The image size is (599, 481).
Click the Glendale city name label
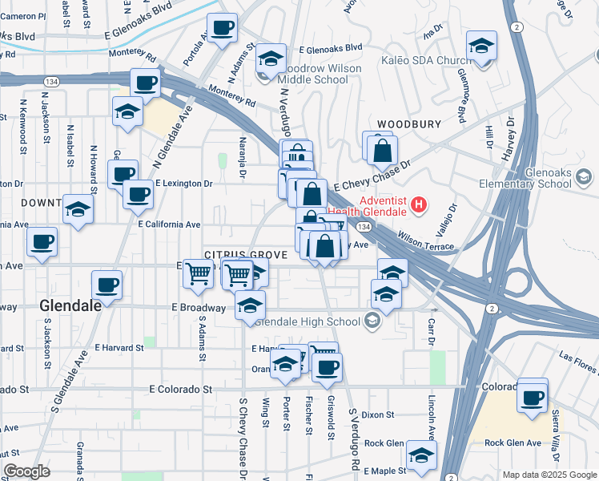tap(70, 305)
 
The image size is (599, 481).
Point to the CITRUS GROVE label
tap(246, 254)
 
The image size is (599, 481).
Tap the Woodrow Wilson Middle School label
tap(318, 75)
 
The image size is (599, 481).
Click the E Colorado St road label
tap(181, 389)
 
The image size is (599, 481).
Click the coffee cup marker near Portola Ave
tap(223, 28)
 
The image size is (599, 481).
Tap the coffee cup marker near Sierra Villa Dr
tap(533, 397)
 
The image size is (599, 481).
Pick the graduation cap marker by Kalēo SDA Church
tap(481, 46)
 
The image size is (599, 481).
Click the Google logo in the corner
tap(26, 472)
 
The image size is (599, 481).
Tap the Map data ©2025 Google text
tap(549, 475)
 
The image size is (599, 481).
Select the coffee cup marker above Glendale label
tap(107, 284)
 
